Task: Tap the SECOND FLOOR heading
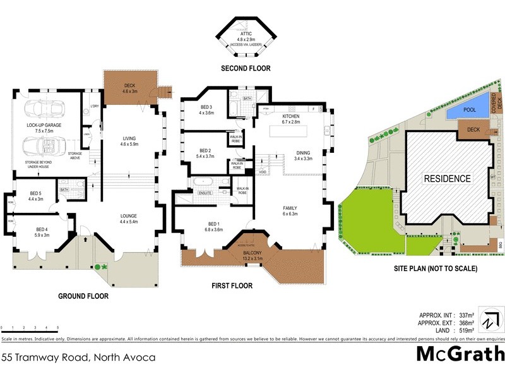(246, 68)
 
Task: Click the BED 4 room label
(42, 232)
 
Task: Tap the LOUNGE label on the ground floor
(129, 218)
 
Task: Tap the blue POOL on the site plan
(470, 110)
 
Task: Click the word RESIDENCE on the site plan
(447, 179)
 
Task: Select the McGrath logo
(460, 354)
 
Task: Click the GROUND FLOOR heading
(83, 296)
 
